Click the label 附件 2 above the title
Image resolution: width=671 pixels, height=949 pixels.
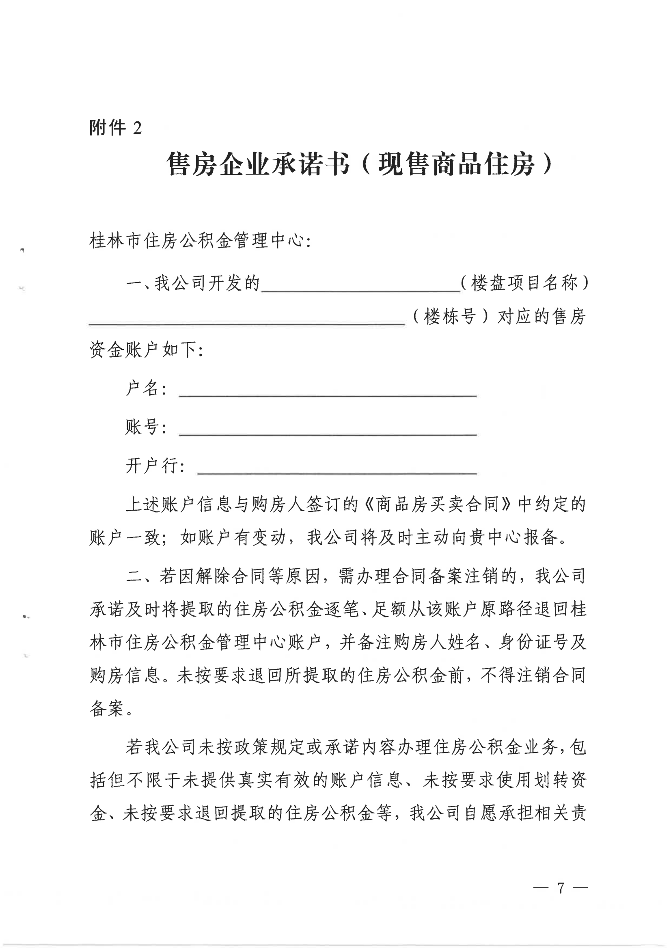(x=115, y=127)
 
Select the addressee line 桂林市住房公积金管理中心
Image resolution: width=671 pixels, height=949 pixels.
(x=200, y=241)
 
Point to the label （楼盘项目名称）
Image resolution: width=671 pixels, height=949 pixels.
(x=524, y=283)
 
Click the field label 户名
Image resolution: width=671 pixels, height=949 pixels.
(x=146, y=388)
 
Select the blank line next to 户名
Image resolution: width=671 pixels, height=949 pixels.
(x=328, y=394)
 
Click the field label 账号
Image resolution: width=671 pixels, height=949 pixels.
(x=146, y=427)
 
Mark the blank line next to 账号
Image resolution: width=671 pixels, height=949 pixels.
(x=328, y=432)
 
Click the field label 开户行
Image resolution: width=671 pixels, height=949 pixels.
(x=155, y=466)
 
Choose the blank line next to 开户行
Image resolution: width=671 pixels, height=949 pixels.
(x=337, y=471)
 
